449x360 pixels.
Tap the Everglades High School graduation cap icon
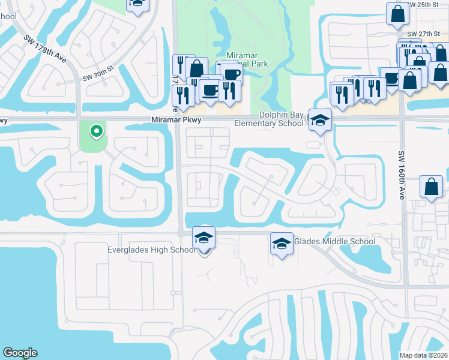tap(203, 239)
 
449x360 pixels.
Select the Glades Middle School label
tap(334, 242)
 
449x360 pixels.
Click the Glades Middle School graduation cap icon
tap(282, 243)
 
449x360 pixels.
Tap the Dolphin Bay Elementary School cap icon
tap(320, 119)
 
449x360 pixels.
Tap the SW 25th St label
tap(427, 5)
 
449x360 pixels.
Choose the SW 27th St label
tap(427, 35)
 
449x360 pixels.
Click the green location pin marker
tap(95, 131)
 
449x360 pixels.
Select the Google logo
tap(20, 353)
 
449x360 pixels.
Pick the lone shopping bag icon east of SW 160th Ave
tap(432, 187)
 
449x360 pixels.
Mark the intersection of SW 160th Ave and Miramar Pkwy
tap(403, 119)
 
